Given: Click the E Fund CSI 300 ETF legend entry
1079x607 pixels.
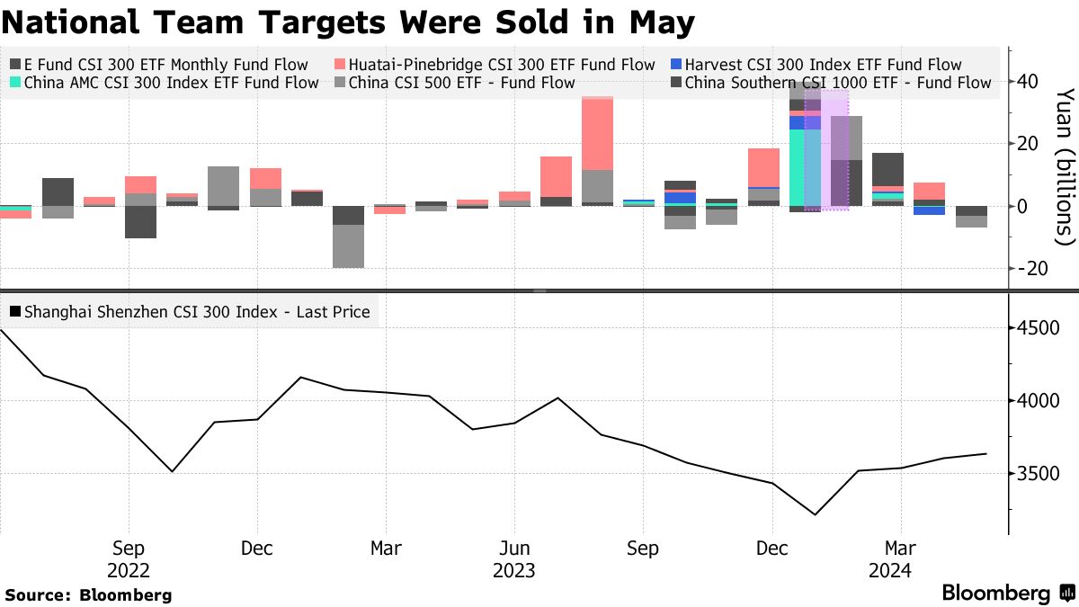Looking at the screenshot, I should (158, 65).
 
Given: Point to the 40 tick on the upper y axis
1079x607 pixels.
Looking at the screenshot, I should (1028, 82).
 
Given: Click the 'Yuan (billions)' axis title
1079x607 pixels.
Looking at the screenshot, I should (1065, 166).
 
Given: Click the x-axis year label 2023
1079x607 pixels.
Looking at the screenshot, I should (513, 571).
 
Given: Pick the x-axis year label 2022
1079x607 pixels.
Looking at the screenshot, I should (129, 571).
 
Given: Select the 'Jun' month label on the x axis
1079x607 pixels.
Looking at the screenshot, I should (514, 549).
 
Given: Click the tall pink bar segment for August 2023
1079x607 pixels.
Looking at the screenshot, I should (597, 133).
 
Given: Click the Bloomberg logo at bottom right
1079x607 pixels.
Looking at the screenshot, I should (1007, 594).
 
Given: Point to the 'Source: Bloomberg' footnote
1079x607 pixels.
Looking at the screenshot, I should (88, 594).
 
